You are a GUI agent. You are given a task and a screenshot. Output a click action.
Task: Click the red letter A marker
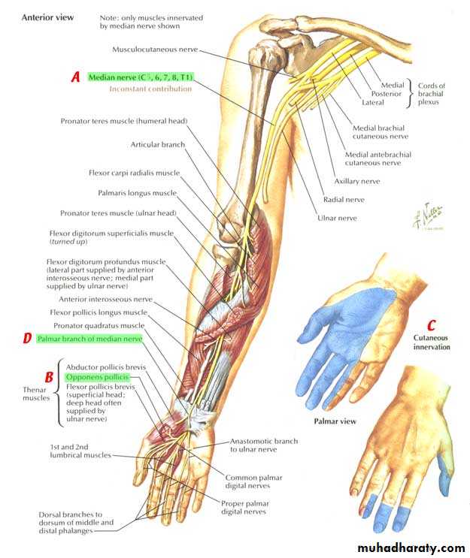(x=75, y=77)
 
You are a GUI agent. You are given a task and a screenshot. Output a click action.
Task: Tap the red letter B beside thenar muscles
(x=49, y=377)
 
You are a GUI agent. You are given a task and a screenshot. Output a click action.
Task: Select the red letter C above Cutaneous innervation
(x=431, y=325)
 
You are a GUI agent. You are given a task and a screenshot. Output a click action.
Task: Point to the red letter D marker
(x=27, y=338)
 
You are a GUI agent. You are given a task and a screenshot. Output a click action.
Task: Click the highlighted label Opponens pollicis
(x=97, y=377)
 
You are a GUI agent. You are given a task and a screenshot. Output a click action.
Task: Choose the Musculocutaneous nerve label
(x=155, y=50)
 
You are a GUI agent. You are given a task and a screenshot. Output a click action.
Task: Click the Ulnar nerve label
(x=337, y=218)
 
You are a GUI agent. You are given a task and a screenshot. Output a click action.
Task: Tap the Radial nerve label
(x=344, y=200)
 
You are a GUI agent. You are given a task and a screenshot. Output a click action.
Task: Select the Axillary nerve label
(x=357, y=181)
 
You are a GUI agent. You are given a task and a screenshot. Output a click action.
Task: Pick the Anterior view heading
(x=47, y=17)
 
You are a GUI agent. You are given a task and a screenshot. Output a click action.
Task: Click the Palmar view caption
(x=335, y=421)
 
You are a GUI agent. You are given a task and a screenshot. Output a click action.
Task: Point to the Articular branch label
(x=158, y=144)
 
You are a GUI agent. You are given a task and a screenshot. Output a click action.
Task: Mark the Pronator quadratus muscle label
(x=99, y=325)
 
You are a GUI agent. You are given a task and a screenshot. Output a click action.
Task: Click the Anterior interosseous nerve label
(x=105, y=299)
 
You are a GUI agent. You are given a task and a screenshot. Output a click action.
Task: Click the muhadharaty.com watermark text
(x=411, y=547)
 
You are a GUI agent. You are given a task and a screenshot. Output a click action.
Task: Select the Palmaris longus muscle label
(x=137, y=193)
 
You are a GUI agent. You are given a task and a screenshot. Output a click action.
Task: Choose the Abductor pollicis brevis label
(x=106, y=367)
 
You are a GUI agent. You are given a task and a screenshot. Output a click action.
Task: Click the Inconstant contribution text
(x=150, y=89)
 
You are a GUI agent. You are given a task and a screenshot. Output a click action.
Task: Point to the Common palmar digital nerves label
(x=253, y=481)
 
